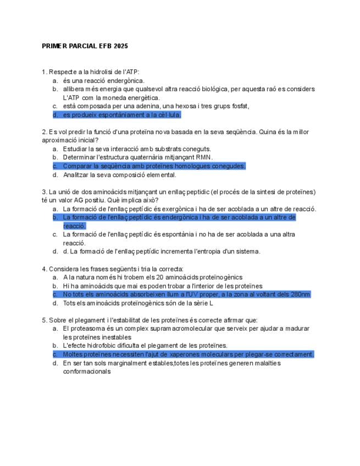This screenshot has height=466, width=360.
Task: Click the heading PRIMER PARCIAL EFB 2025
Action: pos(85,46)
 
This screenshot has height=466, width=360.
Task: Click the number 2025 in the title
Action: pos(120,46)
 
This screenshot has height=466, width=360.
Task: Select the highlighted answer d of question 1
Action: pos(121,115)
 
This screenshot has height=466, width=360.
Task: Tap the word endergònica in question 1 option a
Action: pos(126,80)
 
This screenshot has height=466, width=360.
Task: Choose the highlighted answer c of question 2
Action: pos(154,166)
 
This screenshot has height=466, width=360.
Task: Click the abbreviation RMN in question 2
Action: pos(204,157)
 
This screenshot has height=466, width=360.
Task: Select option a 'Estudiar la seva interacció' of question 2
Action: pos(136,148)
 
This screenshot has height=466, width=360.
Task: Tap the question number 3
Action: pos(44,192)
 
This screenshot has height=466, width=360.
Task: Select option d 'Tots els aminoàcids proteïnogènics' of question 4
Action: pos(137,303)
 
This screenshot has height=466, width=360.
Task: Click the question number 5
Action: pos(44,320)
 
